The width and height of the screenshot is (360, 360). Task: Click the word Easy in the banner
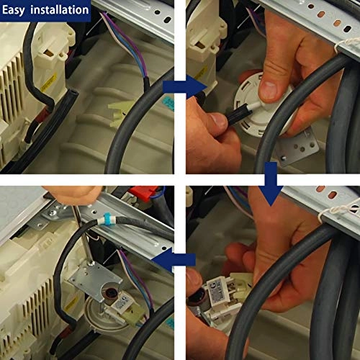pyautogui.click(x=14, y=10)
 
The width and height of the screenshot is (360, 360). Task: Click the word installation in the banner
pyautogui.click(x=60, y=10)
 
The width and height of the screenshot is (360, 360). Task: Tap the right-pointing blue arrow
pyautogui.click(x=184, y=86)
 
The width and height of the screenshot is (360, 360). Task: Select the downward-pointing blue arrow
pyautogui.click(x=271, y=184)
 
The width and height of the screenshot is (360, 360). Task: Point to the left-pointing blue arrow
pyautogui.click(x=174, y=260)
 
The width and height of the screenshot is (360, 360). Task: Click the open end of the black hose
pyautogui.click(x=73, y=93)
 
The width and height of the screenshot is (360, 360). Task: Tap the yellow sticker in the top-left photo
pyautogui.click(x=49, y=82)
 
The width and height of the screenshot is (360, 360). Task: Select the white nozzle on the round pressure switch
pyautogui.click(x=255, y=106)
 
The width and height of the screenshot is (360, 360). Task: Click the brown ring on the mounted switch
pyautogui.click(x=111, y=294)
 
